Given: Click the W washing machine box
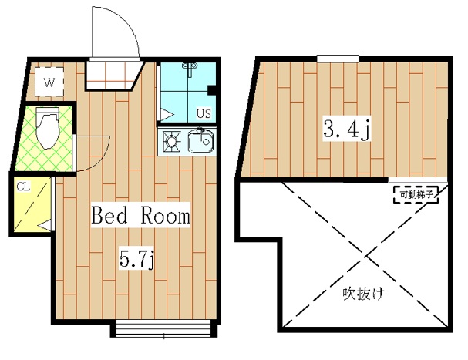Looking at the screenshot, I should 49,79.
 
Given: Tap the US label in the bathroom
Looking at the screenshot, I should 204,113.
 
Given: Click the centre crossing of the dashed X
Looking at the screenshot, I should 342,251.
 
